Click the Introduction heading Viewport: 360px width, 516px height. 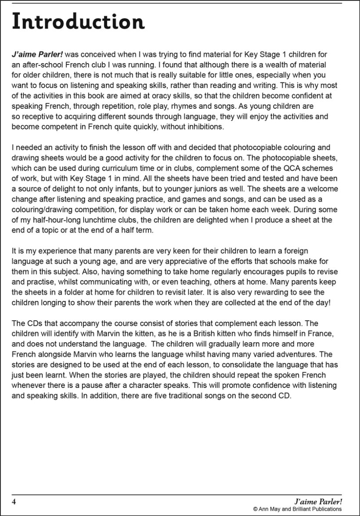pyautogui.click(x=78, y=21)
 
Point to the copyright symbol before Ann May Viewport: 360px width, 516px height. pyautogui.click(x=255, y=509)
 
